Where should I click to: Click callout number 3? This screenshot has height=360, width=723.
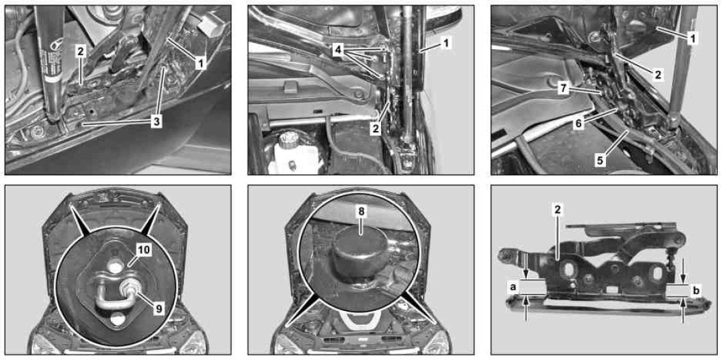coord(157,124)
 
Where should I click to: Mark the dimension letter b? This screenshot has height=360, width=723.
coord(696,291)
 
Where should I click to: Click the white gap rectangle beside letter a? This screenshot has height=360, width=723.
coord(533,287)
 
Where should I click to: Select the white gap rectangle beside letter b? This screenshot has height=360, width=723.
coord(678,291)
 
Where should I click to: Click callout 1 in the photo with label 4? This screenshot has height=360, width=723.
coord(446,44)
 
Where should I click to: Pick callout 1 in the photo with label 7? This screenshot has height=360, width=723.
coord(691,39)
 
